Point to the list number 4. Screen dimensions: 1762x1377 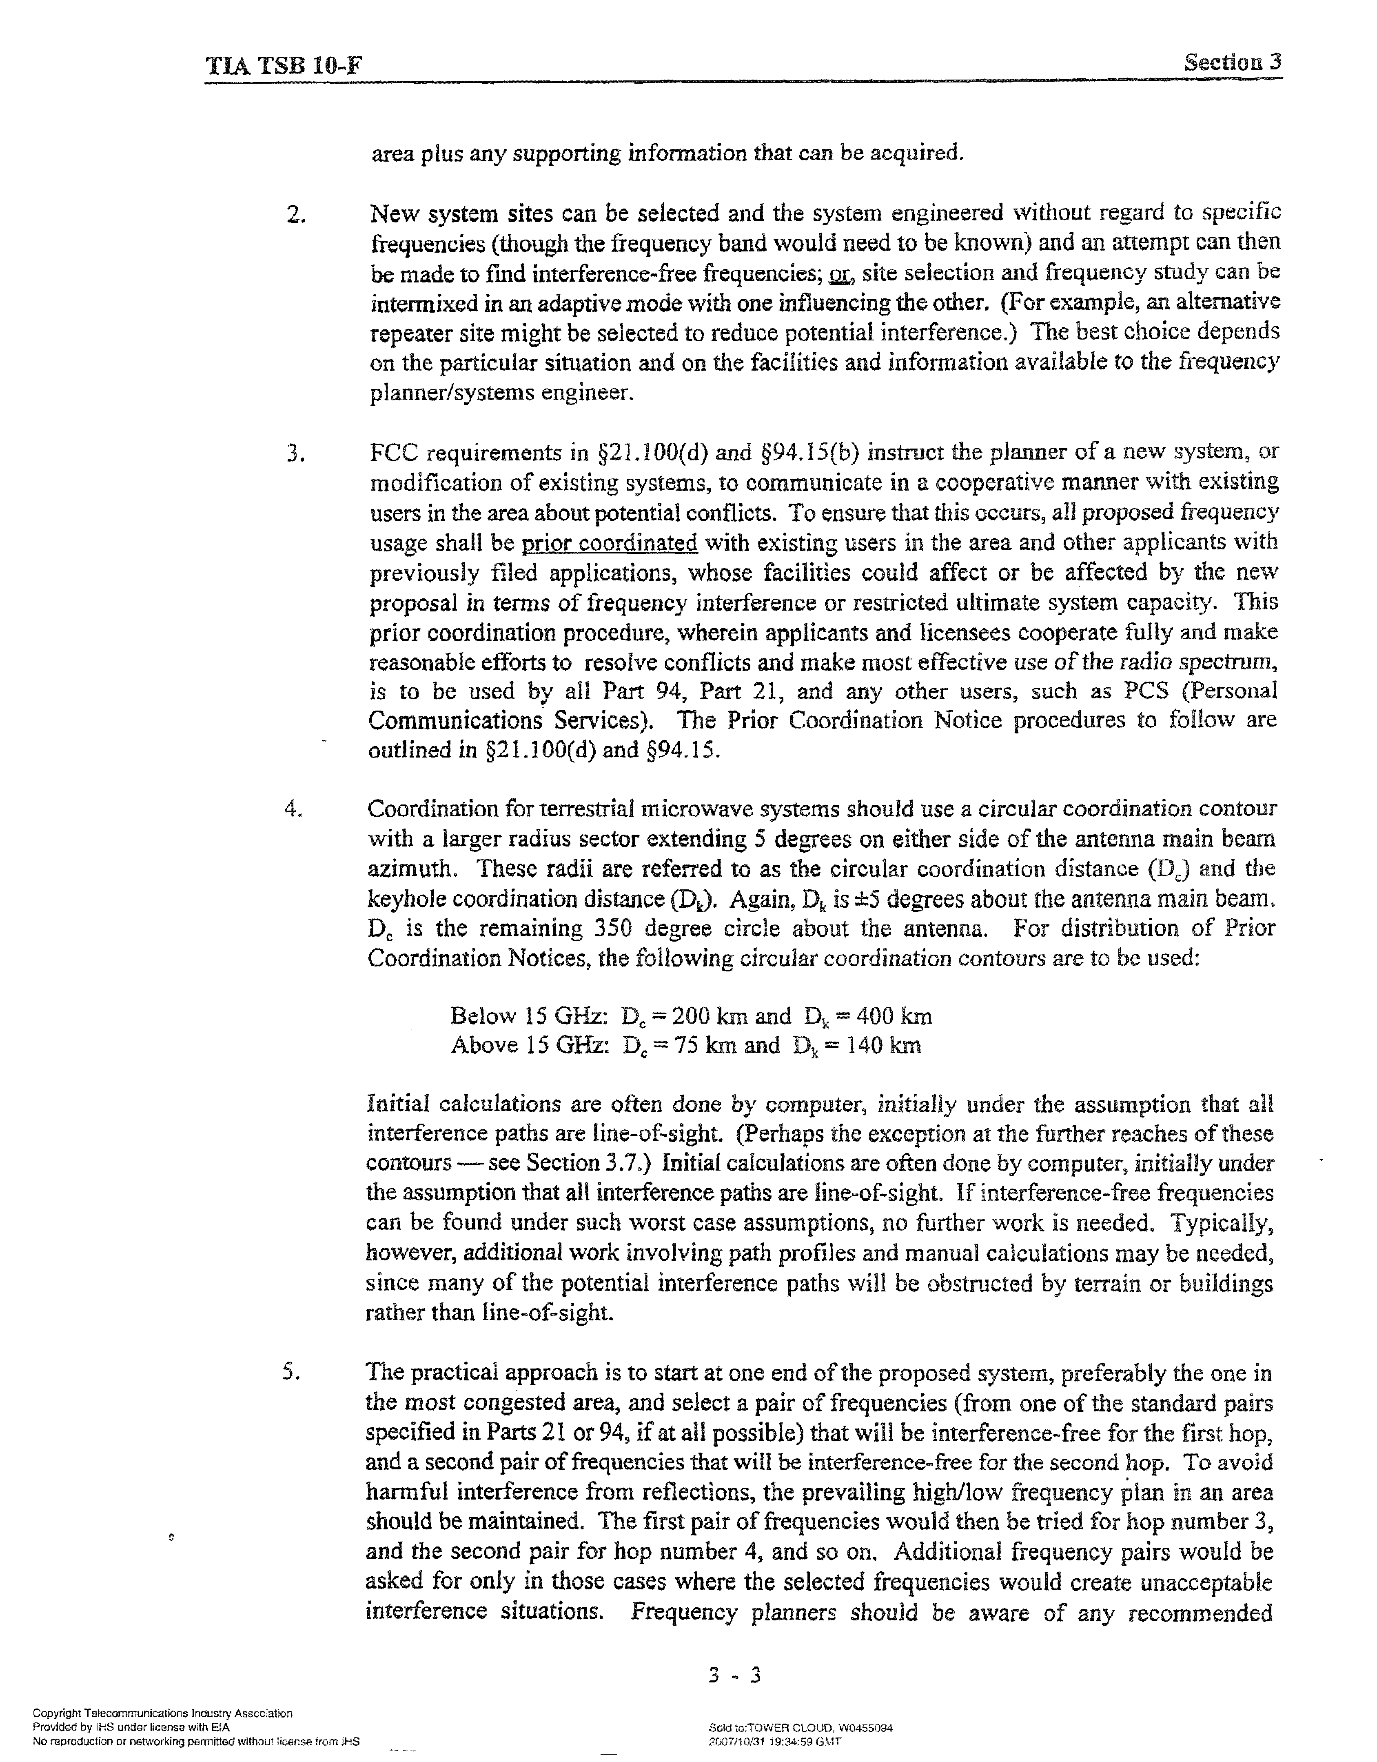pyautogui.click(x=294, y=809)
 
